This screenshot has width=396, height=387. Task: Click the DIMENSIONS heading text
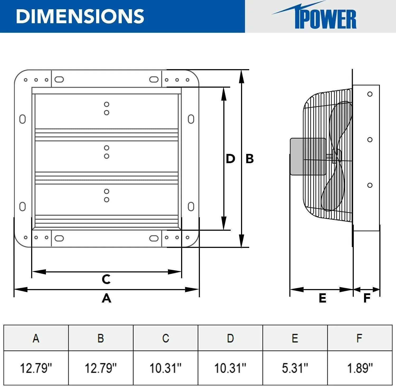(x=80, y=16)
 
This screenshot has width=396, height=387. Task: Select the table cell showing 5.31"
(x=295, y=368)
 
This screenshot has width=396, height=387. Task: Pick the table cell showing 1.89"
(x=360, y=368)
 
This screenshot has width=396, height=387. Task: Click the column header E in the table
(x=295, y=338)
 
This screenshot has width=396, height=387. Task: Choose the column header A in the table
(x=36, y=338)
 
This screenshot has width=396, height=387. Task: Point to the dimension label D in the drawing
(x=230, y=159)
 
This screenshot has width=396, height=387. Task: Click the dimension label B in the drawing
(x=249, y=159)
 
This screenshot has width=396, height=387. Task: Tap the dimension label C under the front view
(x=106, y=279)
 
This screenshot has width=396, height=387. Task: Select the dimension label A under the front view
(x=106, y=298)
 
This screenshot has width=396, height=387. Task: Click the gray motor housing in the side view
(x=308, y=157)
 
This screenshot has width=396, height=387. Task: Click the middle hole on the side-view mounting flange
(x=370, y=140)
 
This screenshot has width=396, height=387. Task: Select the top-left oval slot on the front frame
(x=59, y=79)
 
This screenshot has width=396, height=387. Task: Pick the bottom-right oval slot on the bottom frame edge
(x=154, y=238)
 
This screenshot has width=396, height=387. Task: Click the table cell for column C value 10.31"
(x=166, y=368)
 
